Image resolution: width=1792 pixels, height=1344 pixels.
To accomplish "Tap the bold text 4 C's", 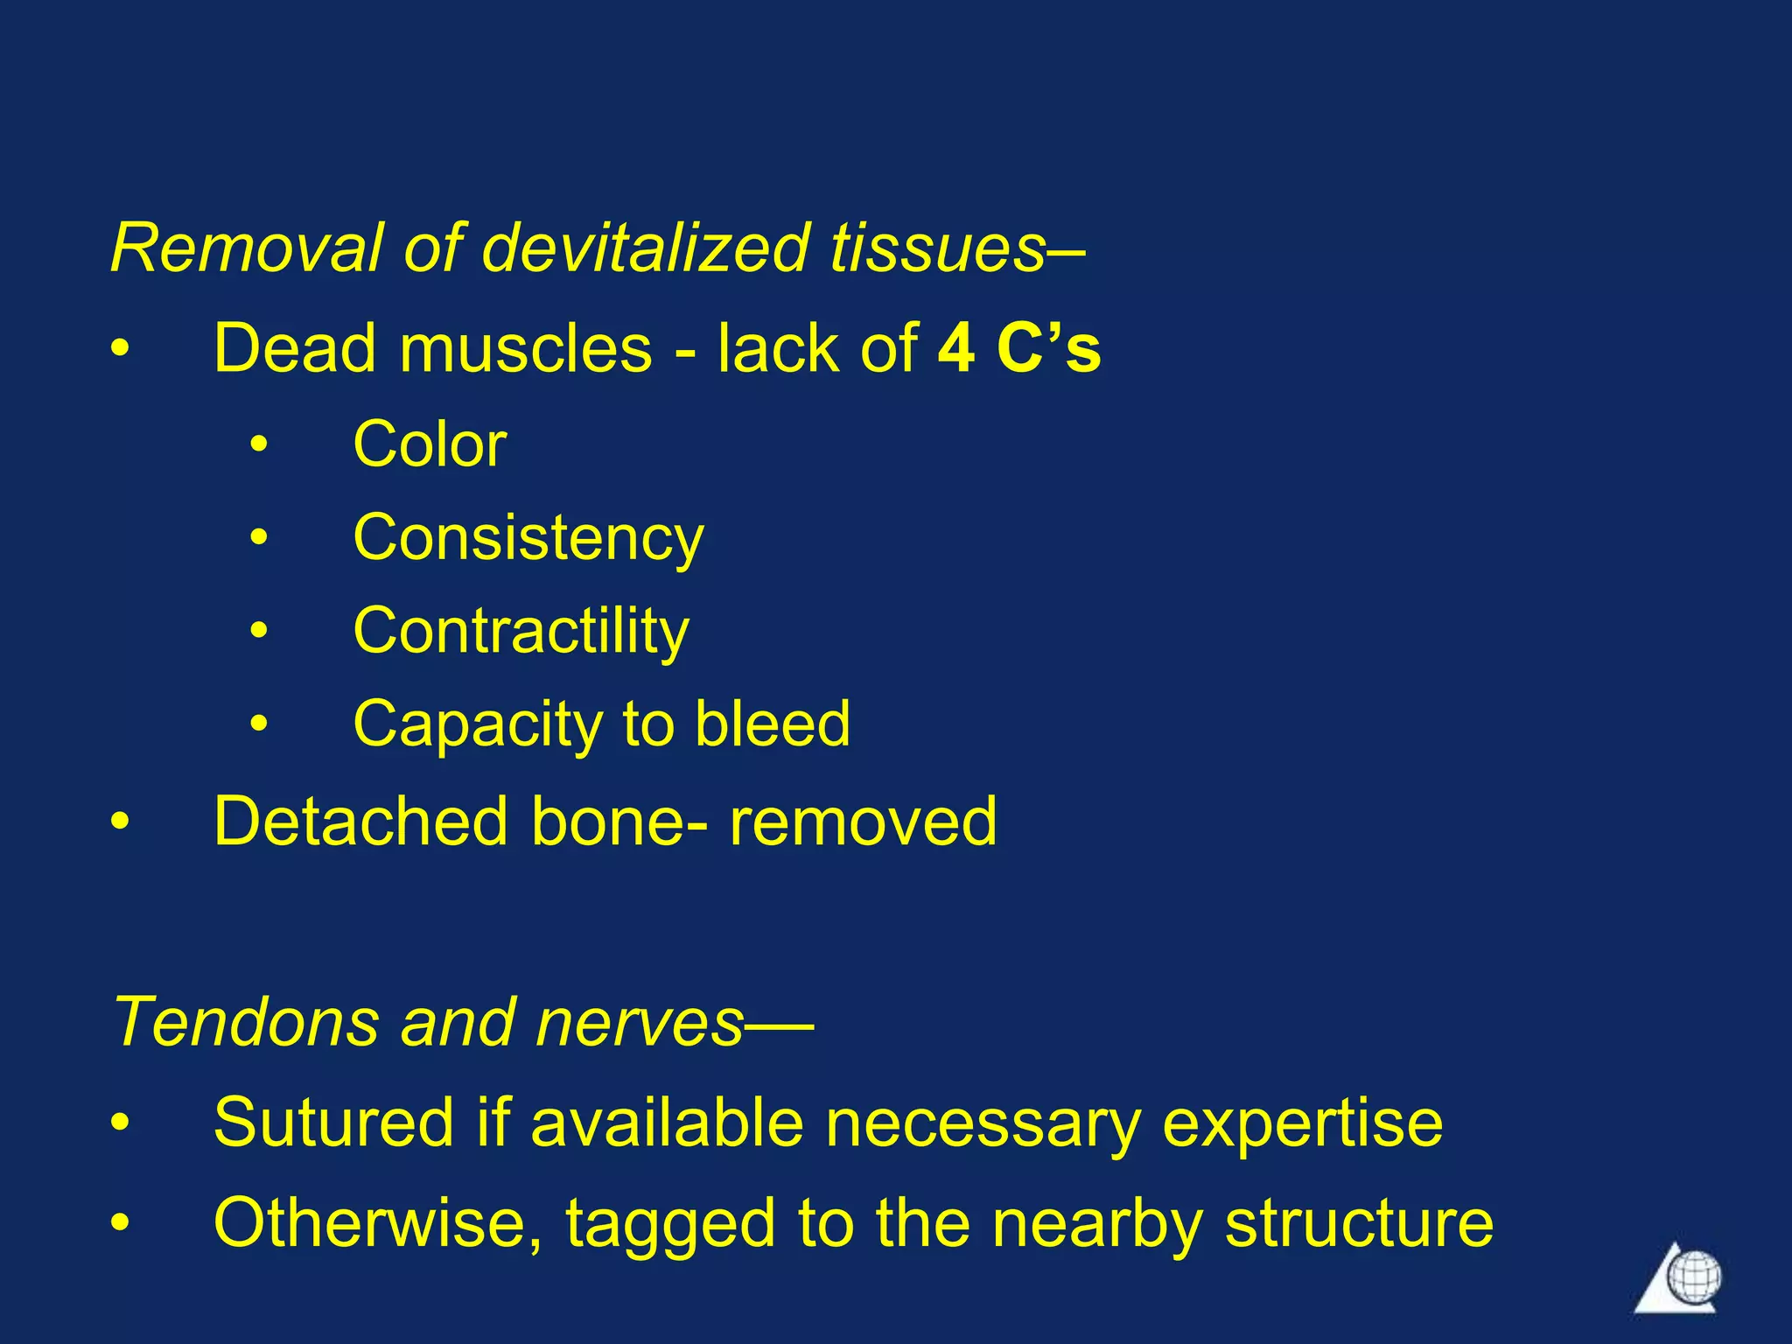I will [x=1018, y=348].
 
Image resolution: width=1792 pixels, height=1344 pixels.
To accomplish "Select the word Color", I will [x=430, y=444].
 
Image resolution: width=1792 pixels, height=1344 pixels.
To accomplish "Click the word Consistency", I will [x=528, y=539].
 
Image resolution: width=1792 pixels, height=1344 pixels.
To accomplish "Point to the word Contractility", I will [x=521, y=632].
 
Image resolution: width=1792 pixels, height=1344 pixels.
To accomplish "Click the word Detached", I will [x=360, y=821].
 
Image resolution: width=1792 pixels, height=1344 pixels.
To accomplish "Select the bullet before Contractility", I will [x=258, y=630].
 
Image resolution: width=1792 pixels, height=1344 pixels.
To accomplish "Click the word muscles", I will [x=525, y=348].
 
